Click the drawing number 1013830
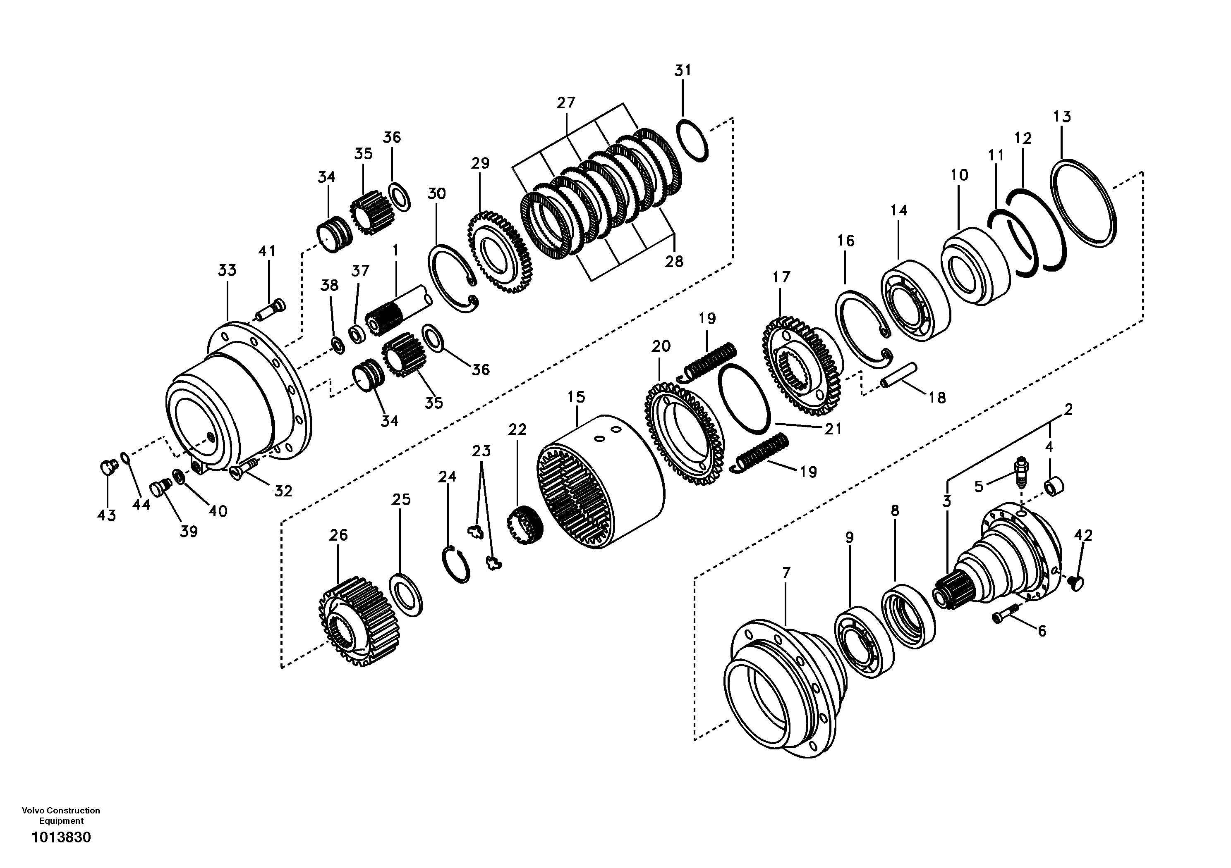[x=61, y=837]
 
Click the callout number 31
[x=683, y=71]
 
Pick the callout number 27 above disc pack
[x=565, y=103]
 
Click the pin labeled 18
[x=900, y=374]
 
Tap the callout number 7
[x=786, y=573]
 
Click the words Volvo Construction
[x=60, y=811]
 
